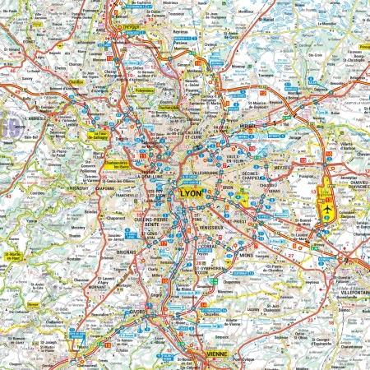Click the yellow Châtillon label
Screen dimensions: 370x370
point(79,82)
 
